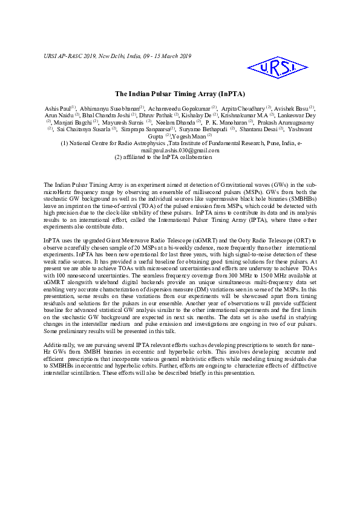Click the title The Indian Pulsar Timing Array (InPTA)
point(180,94)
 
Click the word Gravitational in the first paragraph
point(240,183)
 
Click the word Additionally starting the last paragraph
point(61,344)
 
